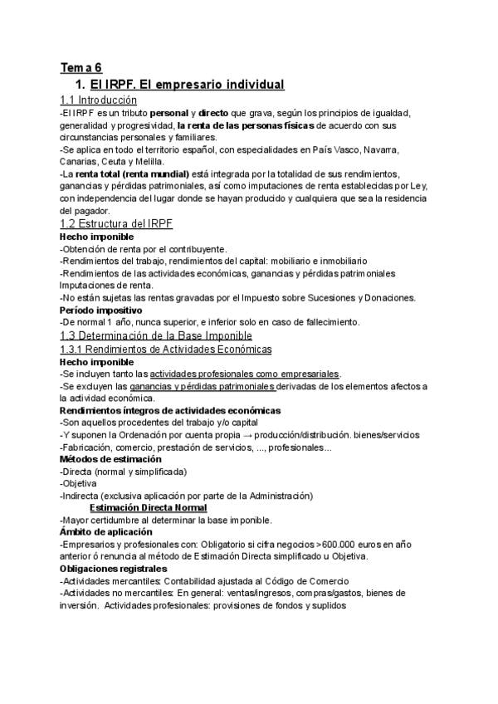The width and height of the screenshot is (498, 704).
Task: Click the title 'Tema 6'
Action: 81,68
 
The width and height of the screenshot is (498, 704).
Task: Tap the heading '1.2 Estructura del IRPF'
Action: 116,224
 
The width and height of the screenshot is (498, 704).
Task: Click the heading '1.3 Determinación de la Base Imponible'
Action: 156,335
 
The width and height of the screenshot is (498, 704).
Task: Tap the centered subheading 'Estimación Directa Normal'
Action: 148,508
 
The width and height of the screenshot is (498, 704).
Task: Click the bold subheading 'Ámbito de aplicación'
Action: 106,531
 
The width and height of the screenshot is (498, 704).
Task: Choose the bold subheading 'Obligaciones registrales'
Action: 113,569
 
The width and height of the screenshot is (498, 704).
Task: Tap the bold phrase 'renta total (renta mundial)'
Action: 131,174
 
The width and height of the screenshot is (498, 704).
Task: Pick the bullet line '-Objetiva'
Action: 78,483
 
